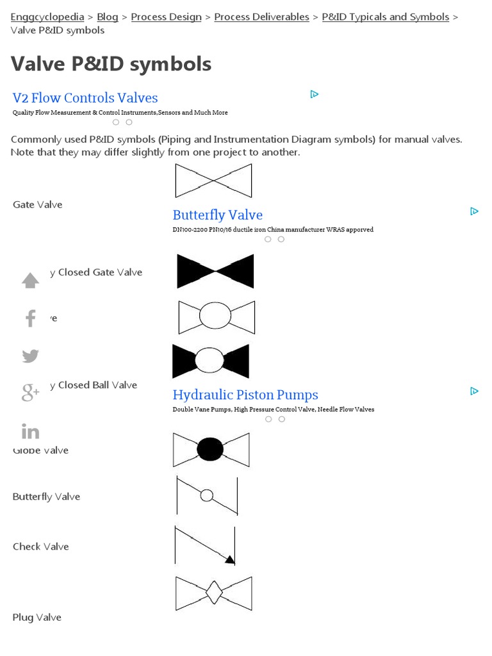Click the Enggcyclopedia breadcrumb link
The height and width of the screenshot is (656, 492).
tap(47, 17)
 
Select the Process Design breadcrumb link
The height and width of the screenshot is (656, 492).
tap(166, 17)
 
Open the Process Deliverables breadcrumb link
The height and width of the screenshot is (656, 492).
tap(261, 17)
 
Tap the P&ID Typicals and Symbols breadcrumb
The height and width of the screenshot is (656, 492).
tap(385, 17)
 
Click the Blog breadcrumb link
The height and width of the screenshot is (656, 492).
tap(108, 17)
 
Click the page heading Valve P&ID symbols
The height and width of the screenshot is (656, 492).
tap(111, 63)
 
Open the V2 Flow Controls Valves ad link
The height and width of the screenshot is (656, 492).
tap(85, 98)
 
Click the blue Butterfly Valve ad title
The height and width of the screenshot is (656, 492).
tap(217, 215)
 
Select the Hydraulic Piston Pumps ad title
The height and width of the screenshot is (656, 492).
tap(245, 395)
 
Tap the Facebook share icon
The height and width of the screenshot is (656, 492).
tap(30, 318)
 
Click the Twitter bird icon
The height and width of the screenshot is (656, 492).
tap(30, 356)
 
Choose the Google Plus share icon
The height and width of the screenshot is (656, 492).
tap(30, 393)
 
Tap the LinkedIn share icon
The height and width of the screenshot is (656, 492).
tap(30, 432)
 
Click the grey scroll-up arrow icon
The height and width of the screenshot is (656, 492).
tap(30, 281)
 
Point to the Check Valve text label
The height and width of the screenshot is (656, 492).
tap(40, 546)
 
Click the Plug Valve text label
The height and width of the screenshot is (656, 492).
tap(37, 618)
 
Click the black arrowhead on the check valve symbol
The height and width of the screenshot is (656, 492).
tap(229, 560)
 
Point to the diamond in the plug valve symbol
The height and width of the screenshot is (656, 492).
tap(213, 593)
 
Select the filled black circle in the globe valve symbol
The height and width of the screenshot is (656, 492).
tap(210, 449)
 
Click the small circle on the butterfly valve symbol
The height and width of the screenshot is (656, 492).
tap(207, 495)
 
